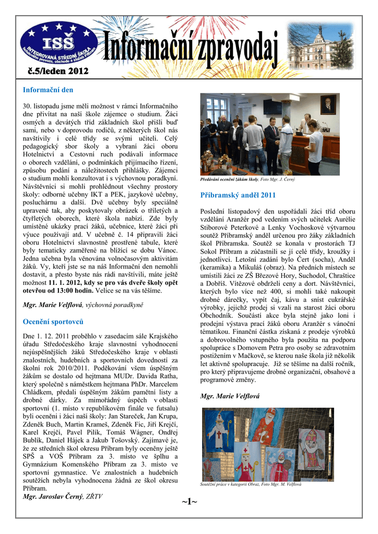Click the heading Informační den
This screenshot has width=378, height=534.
tap(48, 90)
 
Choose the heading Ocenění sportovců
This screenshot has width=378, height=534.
tap(53, 321)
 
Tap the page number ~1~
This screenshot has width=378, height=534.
tap(189, 502)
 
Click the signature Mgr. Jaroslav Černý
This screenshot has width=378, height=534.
tap(53, 496)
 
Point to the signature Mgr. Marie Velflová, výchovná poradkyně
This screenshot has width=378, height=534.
tap(84, 304)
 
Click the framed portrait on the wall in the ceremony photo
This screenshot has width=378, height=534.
tap(328, 104)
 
